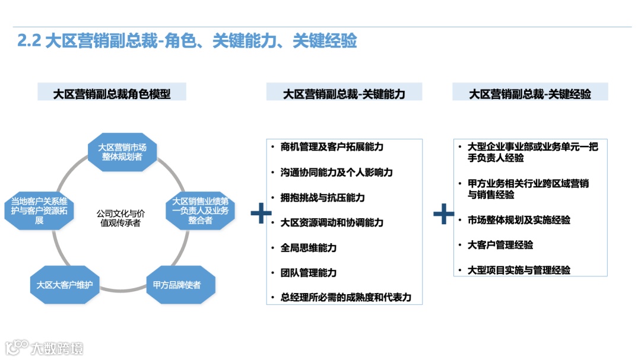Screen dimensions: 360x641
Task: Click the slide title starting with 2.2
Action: pos(188,41)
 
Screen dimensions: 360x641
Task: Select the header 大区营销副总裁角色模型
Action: pos(112,93)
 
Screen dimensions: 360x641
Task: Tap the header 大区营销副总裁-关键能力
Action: pos(344,93)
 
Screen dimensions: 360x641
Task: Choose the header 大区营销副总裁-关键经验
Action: pos(530,93)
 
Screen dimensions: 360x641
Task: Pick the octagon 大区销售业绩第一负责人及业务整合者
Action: pos(200,211)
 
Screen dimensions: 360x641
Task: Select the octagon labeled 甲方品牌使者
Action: pos(177,285)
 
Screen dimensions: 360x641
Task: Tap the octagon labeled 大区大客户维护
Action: pos(65,285)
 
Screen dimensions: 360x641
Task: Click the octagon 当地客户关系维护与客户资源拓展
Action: pos(39,211)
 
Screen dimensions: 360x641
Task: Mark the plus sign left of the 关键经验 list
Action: pos(443,214)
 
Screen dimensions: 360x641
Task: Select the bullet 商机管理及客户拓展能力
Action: pos(332,146)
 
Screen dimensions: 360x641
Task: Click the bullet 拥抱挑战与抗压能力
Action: pos(322,197)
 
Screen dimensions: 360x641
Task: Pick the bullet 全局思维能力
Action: pos(308,247)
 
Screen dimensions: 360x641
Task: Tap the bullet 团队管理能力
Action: pos(308,272)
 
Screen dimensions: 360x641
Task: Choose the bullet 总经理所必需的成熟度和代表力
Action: pos(345,297)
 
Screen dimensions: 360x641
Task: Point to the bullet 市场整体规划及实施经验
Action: pos(519,219)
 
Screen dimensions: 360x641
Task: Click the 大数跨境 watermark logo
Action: pos(45,348)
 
